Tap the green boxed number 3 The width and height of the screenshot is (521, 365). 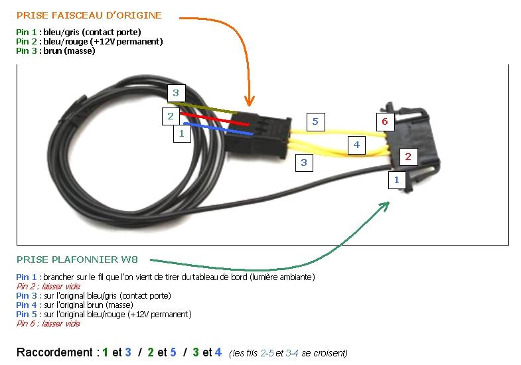[x=175, y=93]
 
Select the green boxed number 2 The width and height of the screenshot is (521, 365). [x=170, y=117]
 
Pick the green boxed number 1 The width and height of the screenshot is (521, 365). [x=181, y=133]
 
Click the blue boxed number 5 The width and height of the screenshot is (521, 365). [x=315, y=121]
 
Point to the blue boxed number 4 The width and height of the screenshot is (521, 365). [x=356, y=144]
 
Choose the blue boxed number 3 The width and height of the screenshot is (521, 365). [x=303, y=162]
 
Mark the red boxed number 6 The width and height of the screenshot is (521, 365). [x=384, y=121]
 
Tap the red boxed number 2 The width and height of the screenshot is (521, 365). [x=408, y=157]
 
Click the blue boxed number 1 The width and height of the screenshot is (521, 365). [x=397, y=179]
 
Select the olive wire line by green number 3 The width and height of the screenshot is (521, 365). [x=212, y=108]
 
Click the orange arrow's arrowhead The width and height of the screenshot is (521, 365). [x=250, y=102]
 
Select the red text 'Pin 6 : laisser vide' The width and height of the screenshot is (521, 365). [x=48, y=324]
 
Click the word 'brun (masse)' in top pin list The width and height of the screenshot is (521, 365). [x=69, y=50]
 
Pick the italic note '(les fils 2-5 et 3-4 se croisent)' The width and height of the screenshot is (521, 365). [x=288, y=353]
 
